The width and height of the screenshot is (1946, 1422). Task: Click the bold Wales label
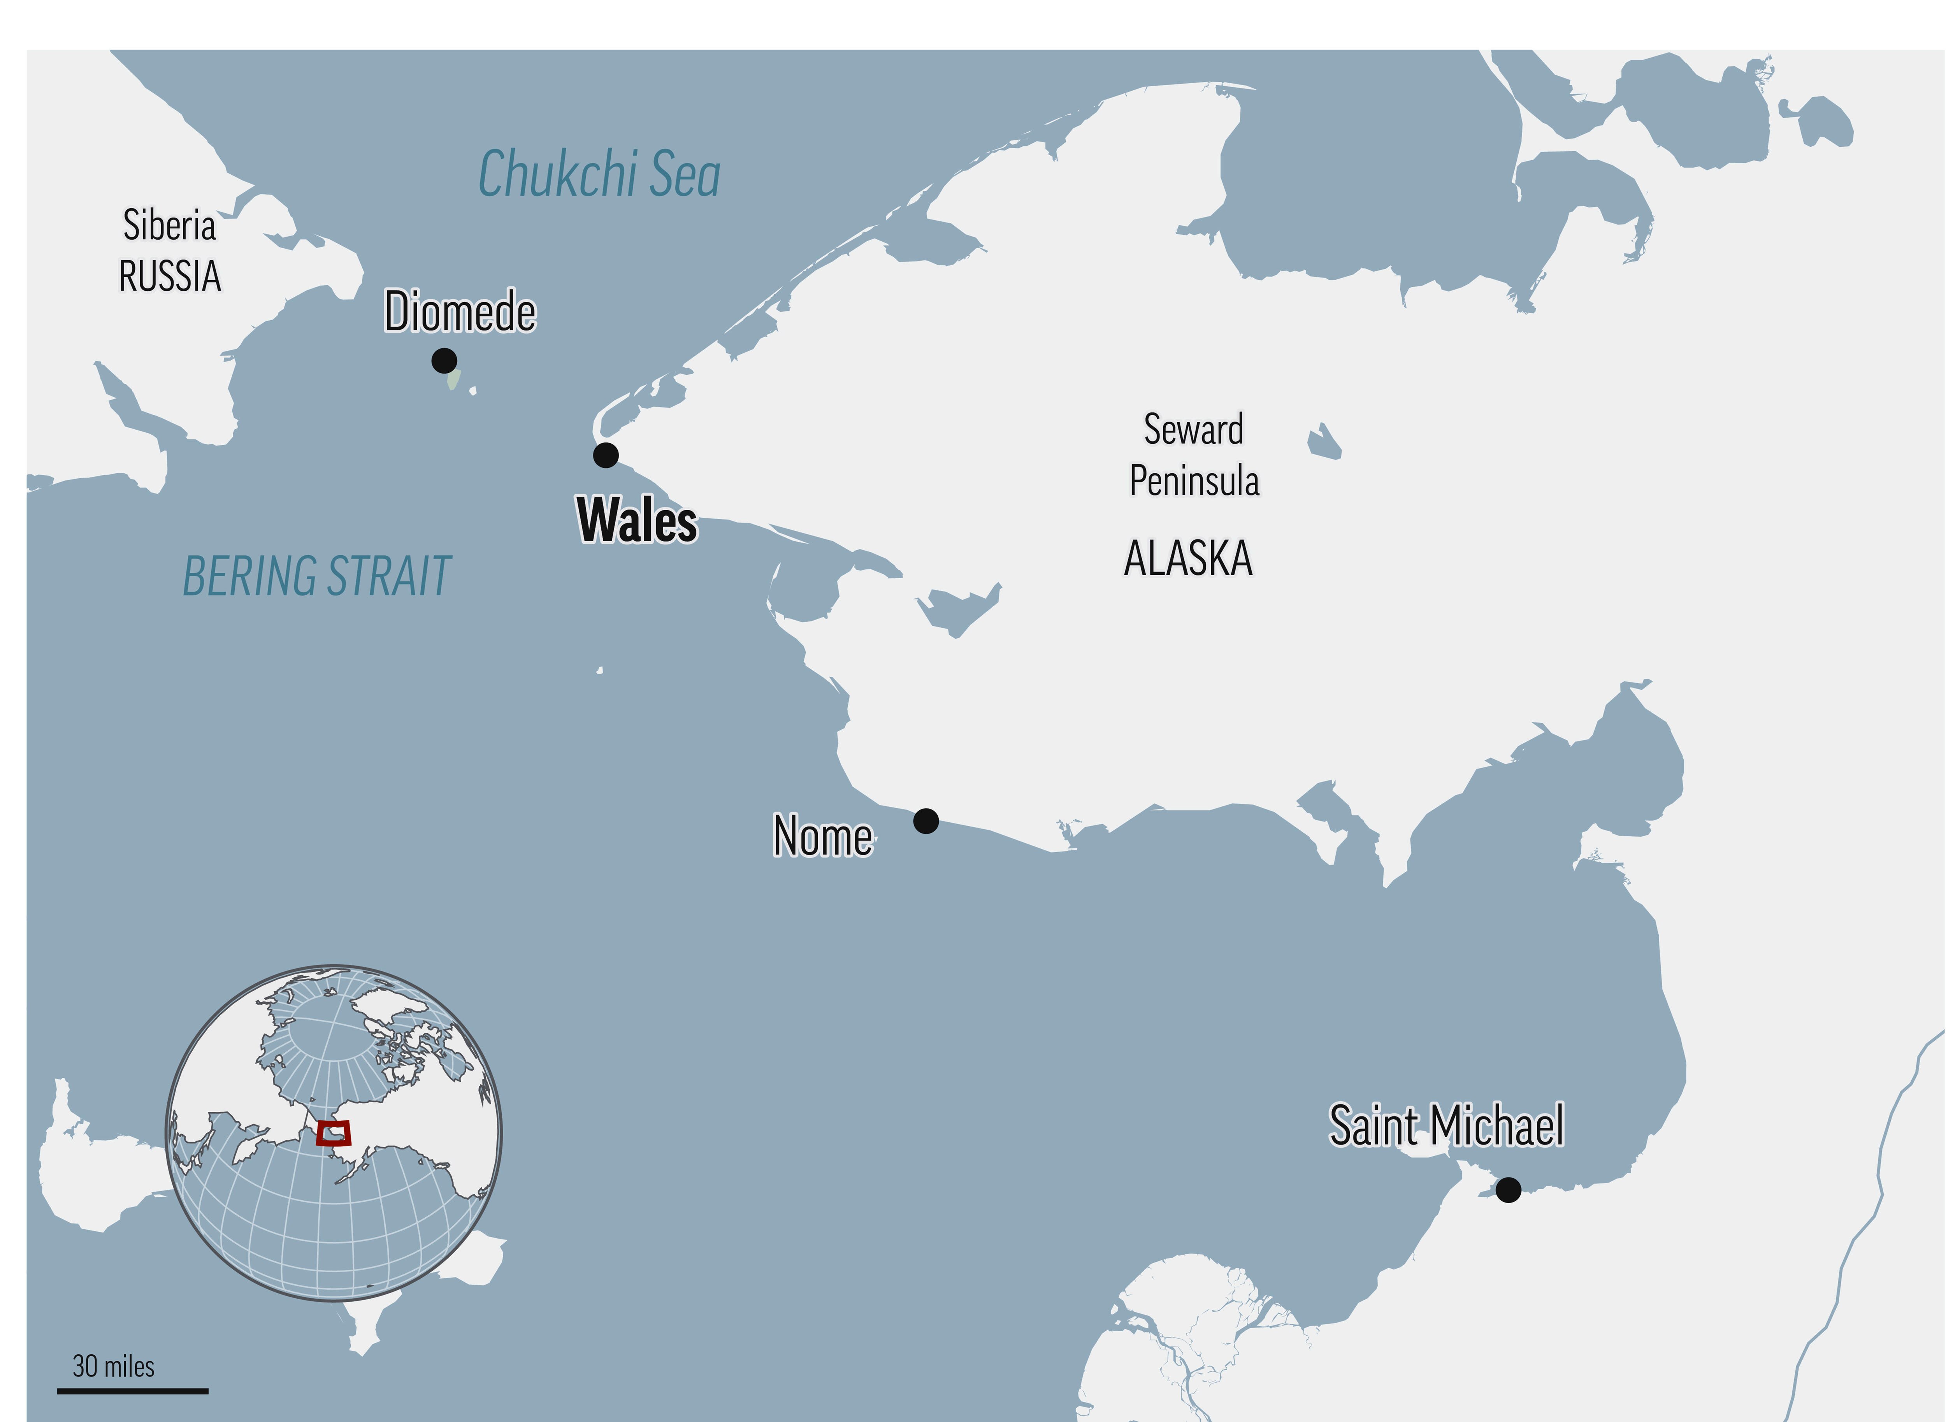click(637, 521)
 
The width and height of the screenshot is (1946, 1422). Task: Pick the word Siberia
click(170, 226)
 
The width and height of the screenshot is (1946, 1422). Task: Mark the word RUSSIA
click(170, 276)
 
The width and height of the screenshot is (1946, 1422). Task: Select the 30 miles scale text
click(114, 1366)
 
